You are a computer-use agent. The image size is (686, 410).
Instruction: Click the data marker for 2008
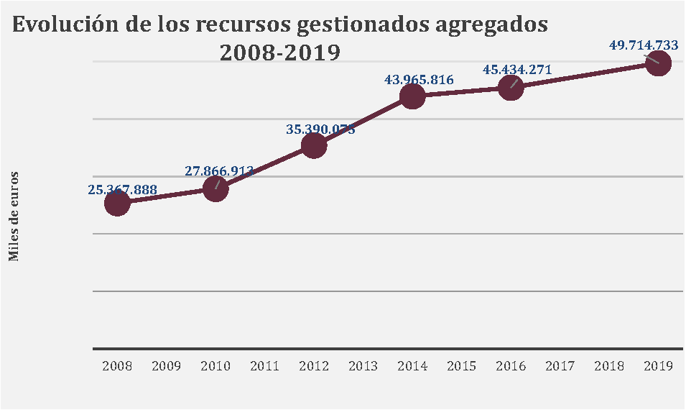click(117, 204)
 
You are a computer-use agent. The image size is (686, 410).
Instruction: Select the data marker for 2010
click(215, 189)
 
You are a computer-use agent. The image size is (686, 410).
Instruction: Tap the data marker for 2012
click(314, 145)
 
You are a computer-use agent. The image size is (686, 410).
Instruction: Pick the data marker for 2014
click(412, 96)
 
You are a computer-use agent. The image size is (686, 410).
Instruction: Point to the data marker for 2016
click(511, 88)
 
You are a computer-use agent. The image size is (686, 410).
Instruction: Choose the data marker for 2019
click(658, 63)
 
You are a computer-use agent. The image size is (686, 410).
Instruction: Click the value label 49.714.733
click(644, 45)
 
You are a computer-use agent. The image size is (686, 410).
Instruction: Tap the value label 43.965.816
click(420, 80)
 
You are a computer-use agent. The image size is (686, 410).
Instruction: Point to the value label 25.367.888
click(123, 190)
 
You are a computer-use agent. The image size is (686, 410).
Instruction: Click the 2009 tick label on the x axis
click(167, 366)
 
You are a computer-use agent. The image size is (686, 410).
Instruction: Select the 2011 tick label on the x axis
click(265, 366)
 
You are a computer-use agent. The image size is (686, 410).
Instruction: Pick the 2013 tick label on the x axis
click(363, 366)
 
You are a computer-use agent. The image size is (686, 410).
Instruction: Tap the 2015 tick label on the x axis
click(461, 366)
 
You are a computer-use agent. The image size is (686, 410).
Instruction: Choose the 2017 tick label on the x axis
click(560, 366)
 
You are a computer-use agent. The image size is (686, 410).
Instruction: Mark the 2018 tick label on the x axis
click(609, 366)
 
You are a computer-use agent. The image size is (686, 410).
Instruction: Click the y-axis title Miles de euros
click(14, 217)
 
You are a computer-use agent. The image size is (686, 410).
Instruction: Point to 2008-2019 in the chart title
click(279, 53)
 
